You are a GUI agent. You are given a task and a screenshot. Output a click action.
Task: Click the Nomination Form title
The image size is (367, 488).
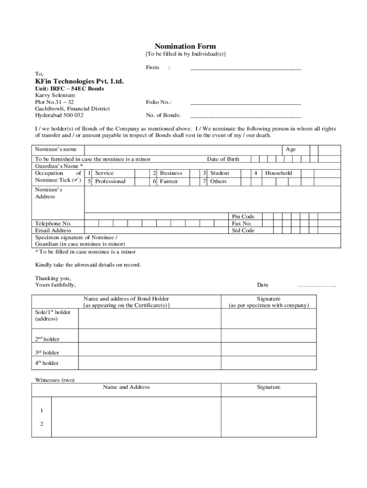pyautogui.click(x=185, y=46)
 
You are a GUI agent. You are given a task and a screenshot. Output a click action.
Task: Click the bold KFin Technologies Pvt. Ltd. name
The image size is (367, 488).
pyautogui.click(x=79, y=81)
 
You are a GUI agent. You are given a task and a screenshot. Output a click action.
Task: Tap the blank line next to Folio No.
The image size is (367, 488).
pyautogui.click(x=245, y=103)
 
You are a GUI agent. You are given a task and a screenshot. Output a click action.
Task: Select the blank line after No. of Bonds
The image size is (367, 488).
pyautogui.click(x=245, y=116)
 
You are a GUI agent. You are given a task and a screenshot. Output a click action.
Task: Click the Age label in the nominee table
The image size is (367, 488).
pyautogui.click(x=290, y=150)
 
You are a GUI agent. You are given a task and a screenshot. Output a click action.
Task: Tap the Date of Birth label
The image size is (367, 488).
pyautogui.click(x=223, y=159)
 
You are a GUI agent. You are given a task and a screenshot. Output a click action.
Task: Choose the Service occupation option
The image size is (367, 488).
pyautogui.click(x=104, y=173)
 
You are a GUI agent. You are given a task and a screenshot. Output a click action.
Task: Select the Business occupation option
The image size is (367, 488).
pyautogui.click(x=171, y=173)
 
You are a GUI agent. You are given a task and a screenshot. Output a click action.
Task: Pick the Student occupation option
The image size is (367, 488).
pyautogui.click(x=219, y=173)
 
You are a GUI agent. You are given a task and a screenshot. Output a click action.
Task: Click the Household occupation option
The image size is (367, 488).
pyautogui.click(x=278, y=173)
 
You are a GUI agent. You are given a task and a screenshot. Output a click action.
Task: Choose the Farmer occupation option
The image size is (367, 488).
pyautogui.click(x=169, y=182)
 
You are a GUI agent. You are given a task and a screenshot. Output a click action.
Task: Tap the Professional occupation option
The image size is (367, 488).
pyautogui.click(x=110, y=182)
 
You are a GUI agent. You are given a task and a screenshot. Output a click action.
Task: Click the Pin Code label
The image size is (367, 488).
pyautogui.click(x=243, y=217)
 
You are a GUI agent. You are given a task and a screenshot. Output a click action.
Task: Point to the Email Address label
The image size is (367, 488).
pyautogui.click(x=53, y=231)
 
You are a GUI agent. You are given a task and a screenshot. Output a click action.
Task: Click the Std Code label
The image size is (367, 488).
pyautogui.click(x=243, y=231)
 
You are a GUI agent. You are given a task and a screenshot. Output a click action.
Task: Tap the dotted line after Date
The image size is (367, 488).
pyautogui.click(x=316, y=285)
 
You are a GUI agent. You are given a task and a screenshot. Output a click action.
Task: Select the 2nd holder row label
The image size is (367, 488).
pyautogui.click(x=47, y=339)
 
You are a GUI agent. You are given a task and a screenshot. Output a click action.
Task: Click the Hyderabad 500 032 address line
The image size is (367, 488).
pyautogui.click(x=59, y=115)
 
